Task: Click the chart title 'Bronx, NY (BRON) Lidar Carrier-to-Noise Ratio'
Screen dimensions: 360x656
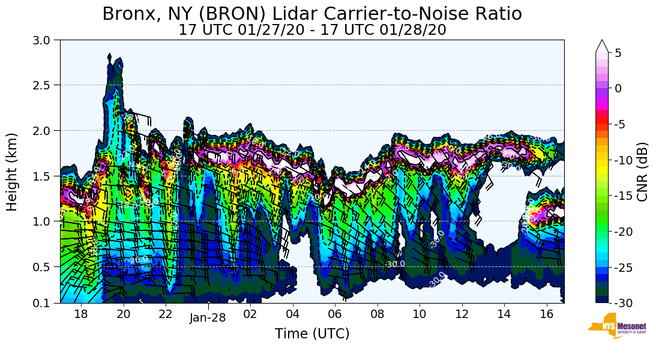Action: click(x=312, y=13)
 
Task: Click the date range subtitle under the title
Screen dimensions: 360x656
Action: click(x=312, y=30)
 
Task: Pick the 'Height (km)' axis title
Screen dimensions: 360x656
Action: click(x=13, y=172)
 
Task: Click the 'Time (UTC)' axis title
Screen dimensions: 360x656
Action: click(x=312, y=334)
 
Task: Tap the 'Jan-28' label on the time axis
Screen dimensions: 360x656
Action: click(x=208, y=317)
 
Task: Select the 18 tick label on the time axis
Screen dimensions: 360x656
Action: click(x=81, y=314)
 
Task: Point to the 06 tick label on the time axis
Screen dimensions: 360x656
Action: click(x=335, y=314)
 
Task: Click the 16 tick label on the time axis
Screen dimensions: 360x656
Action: click(x=546, y=314)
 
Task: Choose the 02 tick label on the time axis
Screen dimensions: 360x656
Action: click(x=250, y=314)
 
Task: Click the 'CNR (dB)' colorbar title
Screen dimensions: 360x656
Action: click(x=642, y=172)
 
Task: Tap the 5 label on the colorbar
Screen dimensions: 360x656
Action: click(x=618, y=53)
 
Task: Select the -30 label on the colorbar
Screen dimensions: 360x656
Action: click(x=624, y=303)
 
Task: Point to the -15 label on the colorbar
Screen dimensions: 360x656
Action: click(x=624, y=196)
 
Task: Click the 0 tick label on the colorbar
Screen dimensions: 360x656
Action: click(x=618, y=88)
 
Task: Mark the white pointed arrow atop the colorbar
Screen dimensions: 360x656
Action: click(x=602, y=46)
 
